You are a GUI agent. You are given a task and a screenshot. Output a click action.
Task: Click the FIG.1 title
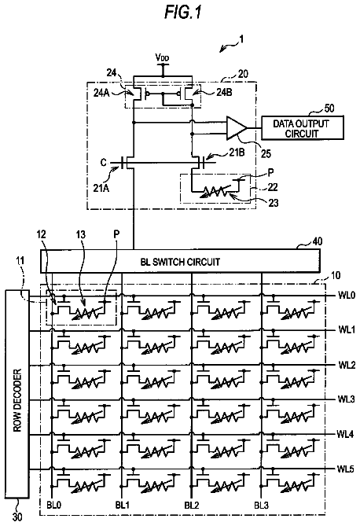(x=183, y=13)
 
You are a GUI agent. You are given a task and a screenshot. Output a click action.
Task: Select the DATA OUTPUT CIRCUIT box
(x=303, y=127)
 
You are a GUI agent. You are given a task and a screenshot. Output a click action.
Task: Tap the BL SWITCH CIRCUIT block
(x=180, y=261)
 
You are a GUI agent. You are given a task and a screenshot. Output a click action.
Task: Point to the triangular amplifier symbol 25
(x=237, y=127)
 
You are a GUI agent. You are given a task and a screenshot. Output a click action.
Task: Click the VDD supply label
(x=163, y=57)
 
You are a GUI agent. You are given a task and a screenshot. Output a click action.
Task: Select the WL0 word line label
(x=347, y=296)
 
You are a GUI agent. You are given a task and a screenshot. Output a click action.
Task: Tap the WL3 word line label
(x=346, y=399)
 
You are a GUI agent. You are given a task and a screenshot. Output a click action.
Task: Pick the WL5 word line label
(x=345, y=469)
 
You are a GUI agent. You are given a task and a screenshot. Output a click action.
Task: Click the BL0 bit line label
(x=54, y=505)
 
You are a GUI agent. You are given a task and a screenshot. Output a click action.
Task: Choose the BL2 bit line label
(x=192, y=505)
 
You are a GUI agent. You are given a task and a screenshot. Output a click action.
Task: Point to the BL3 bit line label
(x=262, y=505)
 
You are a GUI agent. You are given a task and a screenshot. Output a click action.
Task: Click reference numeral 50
(x=329, y=108)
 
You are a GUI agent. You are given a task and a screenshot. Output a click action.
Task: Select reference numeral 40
(x=317, y=241)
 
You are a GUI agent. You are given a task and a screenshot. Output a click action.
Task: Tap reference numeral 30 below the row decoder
(x=17, y=517)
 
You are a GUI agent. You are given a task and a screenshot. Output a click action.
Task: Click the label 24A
(x=101, y=93)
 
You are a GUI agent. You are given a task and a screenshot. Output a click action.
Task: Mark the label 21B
(x=237, y=153)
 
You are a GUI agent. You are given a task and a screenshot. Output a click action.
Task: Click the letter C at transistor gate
(x=104, y=163)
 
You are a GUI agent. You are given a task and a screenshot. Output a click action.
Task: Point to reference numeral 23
(x=274, y=202)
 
